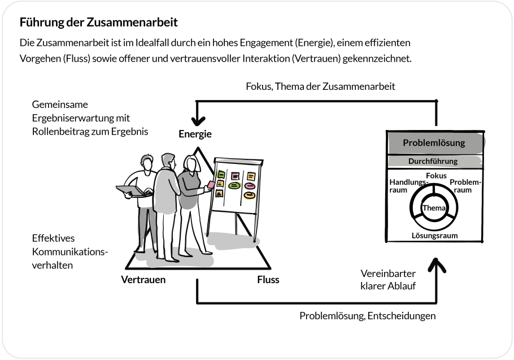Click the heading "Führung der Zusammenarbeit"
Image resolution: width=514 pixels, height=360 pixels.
98,23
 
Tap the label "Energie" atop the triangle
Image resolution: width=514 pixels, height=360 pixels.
195,135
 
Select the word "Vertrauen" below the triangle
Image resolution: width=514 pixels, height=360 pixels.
143,279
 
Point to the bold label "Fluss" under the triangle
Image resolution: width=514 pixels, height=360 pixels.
268,279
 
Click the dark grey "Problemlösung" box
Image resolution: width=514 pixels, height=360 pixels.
434,143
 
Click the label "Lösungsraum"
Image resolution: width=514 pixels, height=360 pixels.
434,235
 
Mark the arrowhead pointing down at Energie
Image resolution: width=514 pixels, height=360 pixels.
197,120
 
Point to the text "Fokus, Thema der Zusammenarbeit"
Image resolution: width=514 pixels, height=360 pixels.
320,86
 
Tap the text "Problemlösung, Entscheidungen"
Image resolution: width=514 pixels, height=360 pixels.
367,316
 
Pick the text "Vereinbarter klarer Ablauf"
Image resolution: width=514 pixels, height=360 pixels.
388,280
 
